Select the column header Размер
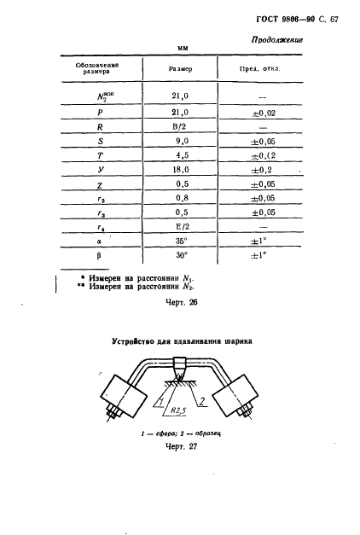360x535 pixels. (x=180, y=67)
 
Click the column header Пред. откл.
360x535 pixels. (x=264, y=67)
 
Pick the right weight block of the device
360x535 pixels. (x=236, y=403)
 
